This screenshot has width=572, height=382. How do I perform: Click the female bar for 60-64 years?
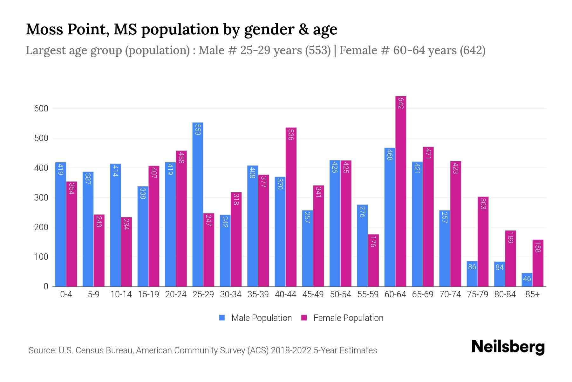click(x=401, y=191)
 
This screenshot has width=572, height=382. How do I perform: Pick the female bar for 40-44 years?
click(x=291, y=207)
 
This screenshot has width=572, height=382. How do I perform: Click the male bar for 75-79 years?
click(x=472, y=274)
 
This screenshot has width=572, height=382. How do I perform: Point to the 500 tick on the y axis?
click(x=41, y=138)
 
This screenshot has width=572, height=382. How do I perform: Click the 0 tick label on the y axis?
click(x=46, y=286)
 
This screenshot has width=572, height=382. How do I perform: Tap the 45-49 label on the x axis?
click(x=313, y=294)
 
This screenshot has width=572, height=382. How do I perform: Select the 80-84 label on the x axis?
click(x=505, y=294)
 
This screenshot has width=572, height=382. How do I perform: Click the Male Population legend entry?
click(x=255, y=318)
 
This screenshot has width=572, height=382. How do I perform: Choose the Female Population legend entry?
click(x=343, y=318)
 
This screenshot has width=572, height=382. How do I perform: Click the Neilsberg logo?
click(x=508, y=347)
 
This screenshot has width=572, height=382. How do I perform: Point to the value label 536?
click(x=290, y=134)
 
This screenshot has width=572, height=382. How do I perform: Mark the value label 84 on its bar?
click(x=500, y=267)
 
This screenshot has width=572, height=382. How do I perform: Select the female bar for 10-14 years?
click(x=126, y=252)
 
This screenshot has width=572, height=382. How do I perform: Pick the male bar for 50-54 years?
click(x=335, y=223)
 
